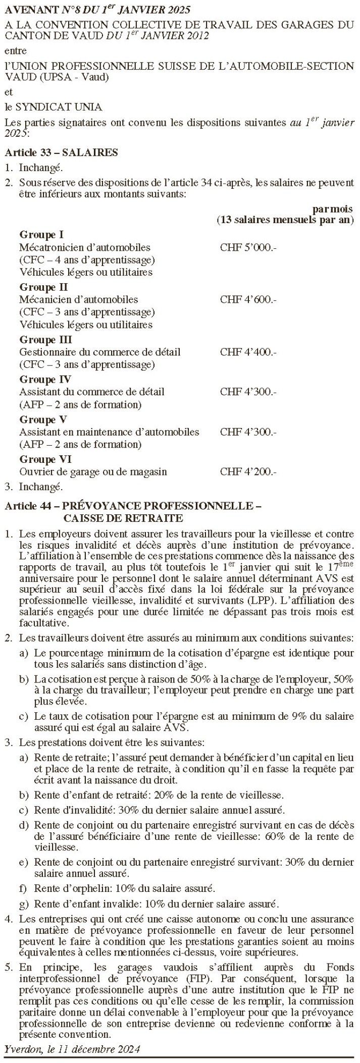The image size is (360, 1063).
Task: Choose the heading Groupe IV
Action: click(x=45, y=380)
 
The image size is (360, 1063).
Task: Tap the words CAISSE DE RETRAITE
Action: click(x=123, y=518)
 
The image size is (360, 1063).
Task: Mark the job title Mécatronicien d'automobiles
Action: click(x=85, y=248)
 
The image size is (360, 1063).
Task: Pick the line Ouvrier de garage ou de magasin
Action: click(x=93, y=472)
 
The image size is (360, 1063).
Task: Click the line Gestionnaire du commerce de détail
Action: click(x=99, y=352)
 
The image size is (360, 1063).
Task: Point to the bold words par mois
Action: click(x=333, y=209)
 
